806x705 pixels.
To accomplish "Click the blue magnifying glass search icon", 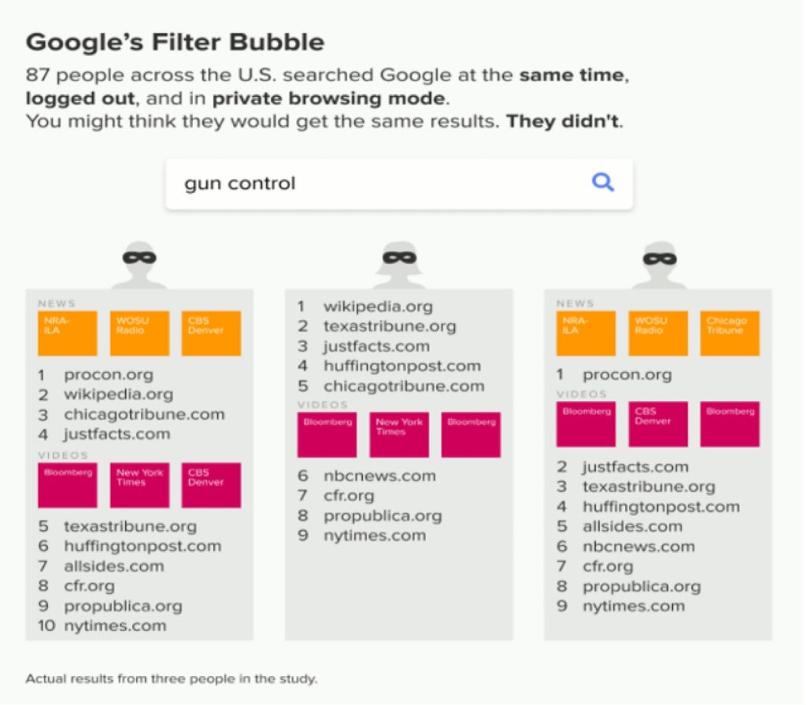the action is (x=602, y=182).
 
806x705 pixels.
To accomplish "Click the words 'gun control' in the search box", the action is (x=239, y=184).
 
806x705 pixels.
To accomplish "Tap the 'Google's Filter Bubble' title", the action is (x=175, y=43).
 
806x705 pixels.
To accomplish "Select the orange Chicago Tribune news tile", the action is (x=730, y=333).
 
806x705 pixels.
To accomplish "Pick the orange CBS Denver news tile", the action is (x=211, y=333).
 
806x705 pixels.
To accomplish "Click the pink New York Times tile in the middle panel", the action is (x=399, y=434).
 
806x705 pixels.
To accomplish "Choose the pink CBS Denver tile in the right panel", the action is (x=658, y=424).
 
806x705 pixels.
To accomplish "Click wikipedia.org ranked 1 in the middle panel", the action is (x=378, y=306).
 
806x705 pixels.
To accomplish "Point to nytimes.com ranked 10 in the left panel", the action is (x=115, y=625).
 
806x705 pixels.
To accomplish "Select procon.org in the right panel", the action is (x=627, y=375).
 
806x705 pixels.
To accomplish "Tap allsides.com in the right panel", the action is (x=632, y=526).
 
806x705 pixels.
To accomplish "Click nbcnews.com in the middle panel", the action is (x=379, y=476).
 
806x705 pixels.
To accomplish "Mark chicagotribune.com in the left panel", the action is (x=144, y=414).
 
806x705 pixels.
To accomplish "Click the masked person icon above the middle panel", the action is (x=399, y=265).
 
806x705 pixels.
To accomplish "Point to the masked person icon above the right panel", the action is (x=660, y=265).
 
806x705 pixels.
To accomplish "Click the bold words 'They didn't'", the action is (x=564, y=121).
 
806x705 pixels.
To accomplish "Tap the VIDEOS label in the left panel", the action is (x=63, y=455).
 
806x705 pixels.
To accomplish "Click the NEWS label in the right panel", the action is (x=575, y=303).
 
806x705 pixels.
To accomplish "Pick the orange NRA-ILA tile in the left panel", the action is (x=68, y=333).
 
